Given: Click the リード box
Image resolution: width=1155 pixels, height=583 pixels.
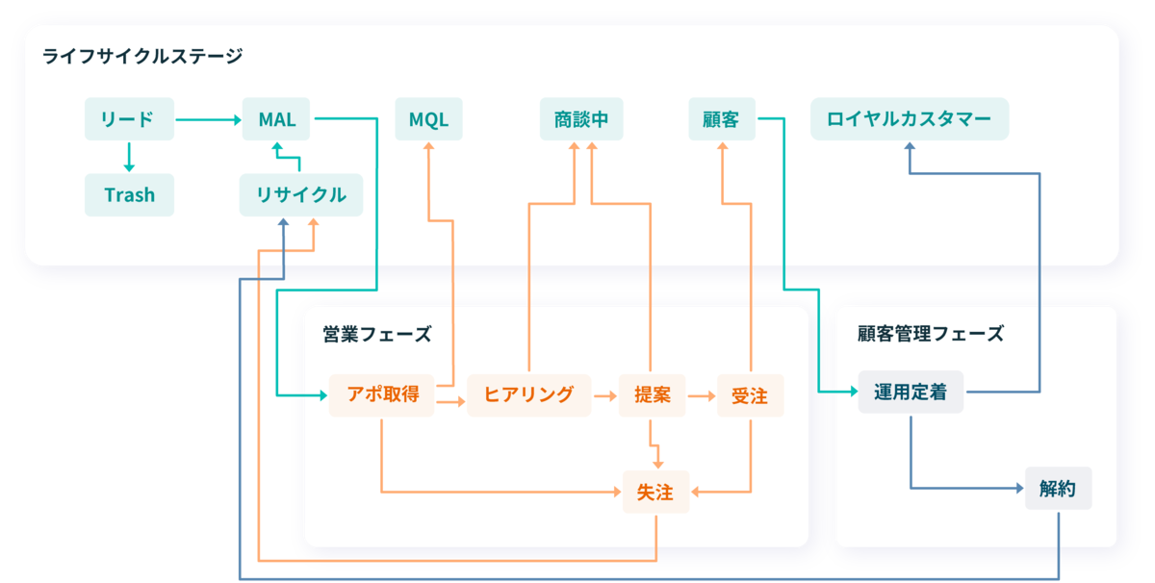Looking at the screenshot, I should [x=129, y=119].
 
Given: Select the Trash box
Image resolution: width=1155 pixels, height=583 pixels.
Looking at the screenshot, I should [x=129, y=195].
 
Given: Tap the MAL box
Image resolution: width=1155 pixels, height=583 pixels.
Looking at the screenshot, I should [x=276, y=119].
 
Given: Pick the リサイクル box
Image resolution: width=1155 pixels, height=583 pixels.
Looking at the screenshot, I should [x=300, y=195].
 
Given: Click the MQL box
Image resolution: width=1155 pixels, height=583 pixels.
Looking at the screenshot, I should [x=428, y=119].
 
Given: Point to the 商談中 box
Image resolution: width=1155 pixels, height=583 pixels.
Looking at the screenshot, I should [x=581, y=119].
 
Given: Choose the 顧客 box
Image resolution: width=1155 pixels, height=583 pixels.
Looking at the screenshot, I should [x=721, y=119].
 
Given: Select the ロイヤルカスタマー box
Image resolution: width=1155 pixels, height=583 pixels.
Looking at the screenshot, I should [x=909, y=119].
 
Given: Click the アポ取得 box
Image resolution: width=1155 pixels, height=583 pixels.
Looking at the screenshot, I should [x=382, y=394].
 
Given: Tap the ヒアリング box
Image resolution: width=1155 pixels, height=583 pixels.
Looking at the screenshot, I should [x=528, y=394].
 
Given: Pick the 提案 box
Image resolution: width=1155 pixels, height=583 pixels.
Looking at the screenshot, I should [x=653, y=394].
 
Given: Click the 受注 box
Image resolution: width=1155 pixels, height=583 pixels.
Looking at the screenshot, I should [x=750, y=394].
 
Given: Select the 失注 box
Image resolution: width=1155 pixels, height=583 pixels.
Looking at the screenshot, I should [x=654, y=493].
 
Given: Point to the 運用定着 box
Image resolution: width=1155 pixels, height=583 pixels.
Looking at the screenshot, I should [x=910, y=393].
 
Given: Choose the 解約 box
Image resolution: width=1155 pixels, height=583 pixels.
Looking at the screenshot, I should [x=1058, y=489].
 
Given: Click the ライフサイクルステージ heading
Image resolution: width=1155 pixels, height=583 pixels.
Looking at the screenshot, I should [x=141, y=57].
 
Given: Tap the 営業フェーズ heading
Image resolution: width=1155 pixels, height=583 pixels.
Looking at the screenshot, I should [x=377, y=335].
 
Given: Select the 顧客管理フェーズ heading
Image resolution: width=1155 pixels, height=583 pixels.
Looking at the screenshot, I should [x=930, y=334].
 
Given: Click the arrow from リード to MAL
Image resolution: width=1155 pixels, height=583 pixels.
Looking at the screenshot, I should [x=208, y=120].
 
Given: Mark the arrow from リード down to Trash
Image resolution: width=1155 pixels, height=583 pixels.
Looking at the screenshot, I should [x=129, y=157].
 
